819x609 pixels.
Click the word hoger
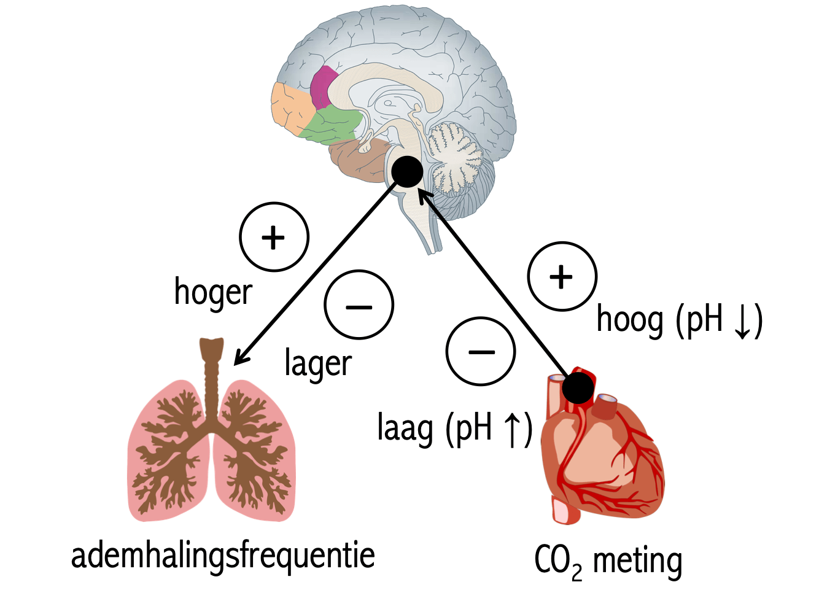click(x=213, y=292)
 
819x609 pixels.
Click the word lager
click(x=318, y=364)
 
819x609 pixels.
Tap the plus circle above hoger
click(x=274, y=237)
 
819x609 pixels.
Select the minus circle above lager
click(x=359, y=305)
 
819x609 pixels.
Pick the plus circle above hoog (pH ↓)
click(x=562, y=277)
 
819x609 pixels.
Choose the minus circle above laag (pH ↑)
click(x=481, y=352)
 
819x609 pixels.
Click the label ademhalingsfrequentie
click(x=223, y=556)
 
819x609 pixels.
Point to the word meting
click(x=637, y=561)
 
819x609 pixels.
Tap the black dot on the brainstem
click(x=407, y=171)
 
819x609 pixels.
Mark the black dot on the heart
click(x=578, y=387)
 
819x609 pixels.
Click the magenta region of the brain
click(x=324, y=87)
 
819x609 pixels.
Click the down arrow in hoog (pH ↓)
click(x=743, y=321)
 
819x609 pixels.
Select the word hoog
click(x=630, y=320)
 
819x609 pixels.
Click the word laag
click(x=405, y=429)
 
